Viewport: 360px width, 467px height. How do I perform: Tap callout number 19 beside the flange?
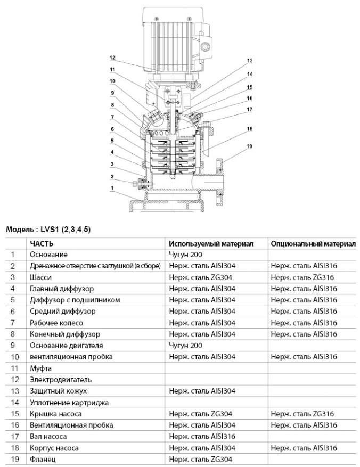coord(249,146)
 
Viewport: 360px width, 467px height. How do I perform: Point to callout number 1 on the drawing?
coord(112,187)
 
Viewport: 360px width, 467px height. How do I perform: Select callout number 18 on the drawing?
coord(249,129)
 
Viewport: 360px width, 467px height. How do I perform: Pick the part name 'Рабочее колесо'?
coord(56,323)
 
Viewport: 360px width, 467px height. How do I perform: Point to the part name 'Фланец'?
coord(43,459)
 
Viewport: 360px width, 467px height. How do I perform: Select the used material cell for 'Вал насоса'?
coord(202,437)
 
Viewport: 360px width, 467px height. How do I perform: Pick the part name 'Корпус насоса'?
coord(54,448)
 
